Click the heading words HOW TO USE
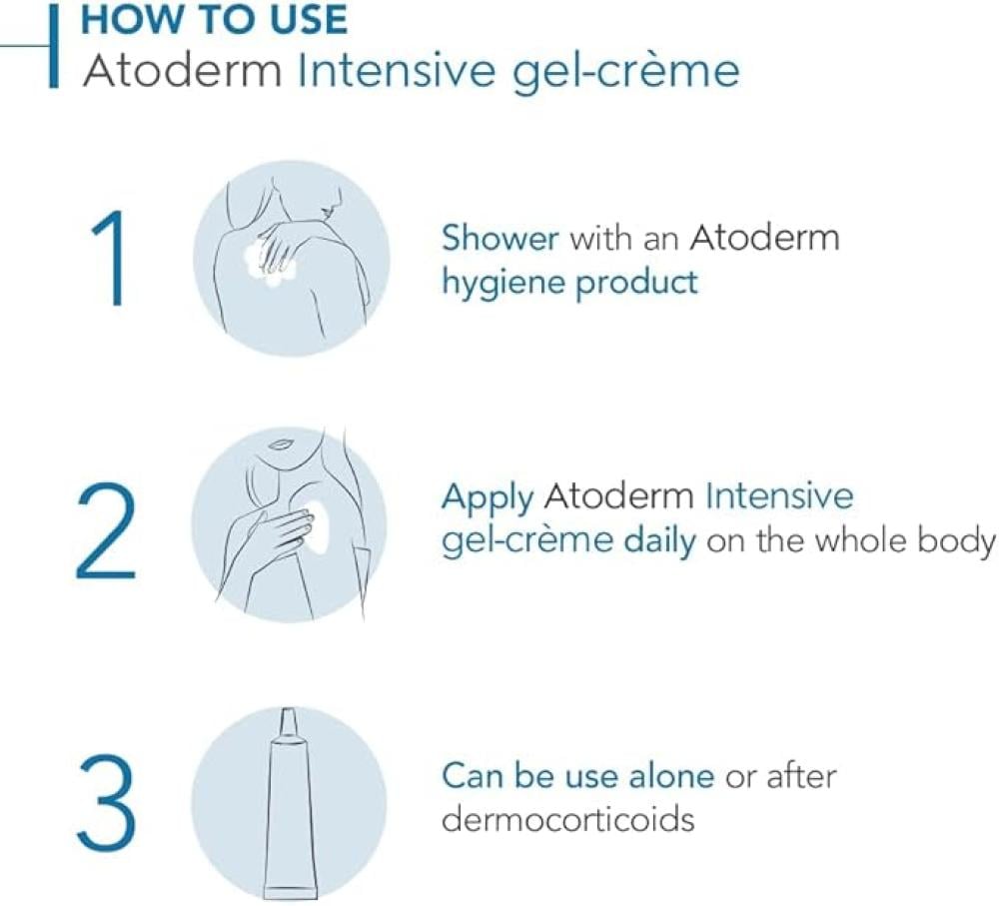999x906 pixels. point(214,19)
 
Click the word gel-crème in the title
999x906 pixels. point(626,72)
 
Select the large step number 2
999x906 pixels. point(107,530)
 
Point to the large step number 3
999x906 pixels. point(108,801)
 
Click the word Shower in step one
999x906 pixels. point(500,239)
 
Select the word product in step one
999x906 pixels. point(636,283)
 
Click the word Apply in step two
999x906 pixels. point(488,498)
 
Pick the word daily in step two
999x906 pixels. point(660,541)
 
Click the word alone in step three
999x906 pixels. point(671,777)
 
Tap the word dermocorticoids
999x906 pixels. point(567,819)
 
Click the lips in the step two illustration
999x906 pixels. point(279,444)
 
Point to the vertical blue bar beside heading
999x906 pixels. point(54,45)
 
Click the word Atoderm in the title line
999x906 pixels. point(182,71)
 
